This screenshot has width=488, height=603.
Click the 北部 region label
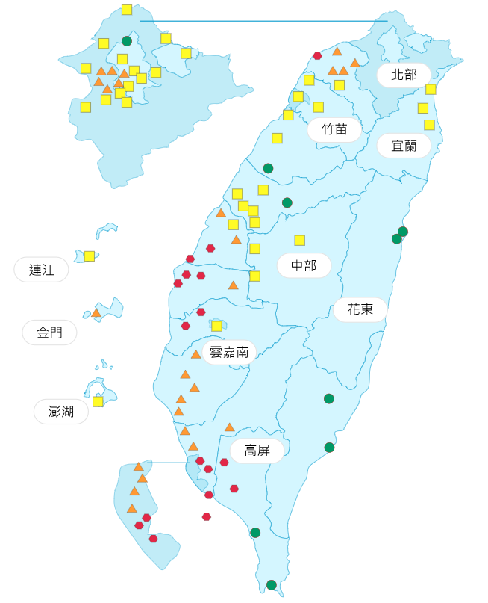[404, 75]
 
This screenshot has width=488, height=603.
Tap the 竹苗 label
[334, 129]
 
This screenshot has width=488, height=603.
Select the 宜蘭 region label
[404, 145]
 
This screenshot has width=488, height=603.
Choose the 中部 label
[304, 265]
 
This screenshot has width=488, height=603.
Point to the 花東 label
[360, 309]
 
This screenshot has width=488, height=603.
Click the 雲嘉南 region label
[229, 352]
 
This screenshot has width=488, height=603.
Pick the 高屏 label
[257, 450]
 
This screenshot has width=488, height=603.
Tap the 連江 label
[42, 270]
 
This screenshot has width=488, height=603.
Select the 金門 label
[50, 333]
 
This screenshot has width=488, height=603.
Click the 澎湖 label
[61, 411]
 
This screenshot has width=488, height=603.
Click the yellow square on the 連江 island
[90, 256]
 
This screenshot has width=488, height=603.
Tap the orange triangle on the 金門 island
[96, 312]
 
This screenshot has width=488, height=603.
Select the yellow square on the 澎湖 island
[98, 401]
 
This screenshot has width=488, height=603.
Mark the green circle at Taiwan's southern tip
[272, 584]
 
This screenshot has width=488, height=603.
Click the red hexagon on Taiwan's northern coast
[317, 55]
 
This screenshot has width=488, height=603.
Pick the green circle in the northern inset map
[127, 41]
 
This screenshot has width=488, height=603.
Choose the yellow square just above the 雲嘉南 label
[216, 326]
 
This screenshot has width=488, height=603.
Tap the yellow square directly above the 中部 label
[299, 240]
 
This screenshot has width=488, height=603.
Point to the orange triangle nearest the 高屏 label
[230, 427]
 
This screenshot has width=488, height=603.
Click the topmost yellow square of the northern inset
[127, 10]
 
